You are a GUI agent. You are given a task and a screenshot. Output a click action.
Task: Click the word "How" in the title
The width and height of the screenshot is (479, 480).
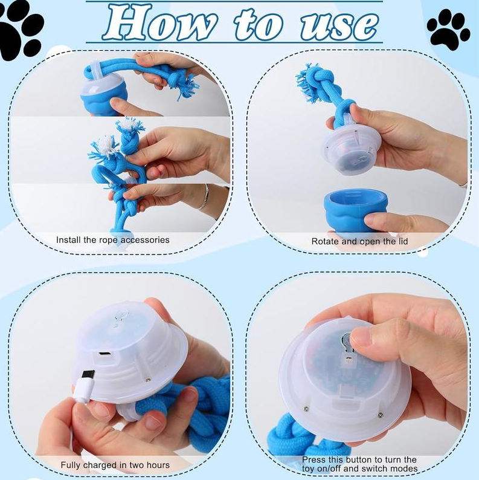159,24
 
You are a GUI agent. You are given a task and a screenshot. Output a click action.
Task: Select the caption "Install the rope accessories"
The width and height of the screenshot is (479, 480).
113,240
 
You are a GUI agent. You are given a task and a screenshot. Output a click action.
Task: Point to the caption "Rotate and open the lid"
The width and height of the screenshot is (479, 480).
359,241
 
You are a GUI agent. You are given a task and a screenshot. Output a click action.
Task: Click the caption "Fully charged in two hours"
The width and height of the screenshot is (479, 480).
115,465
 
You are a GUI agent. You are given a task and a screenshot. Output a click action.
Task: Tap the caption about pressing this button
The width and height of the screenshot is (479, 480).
359,464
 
